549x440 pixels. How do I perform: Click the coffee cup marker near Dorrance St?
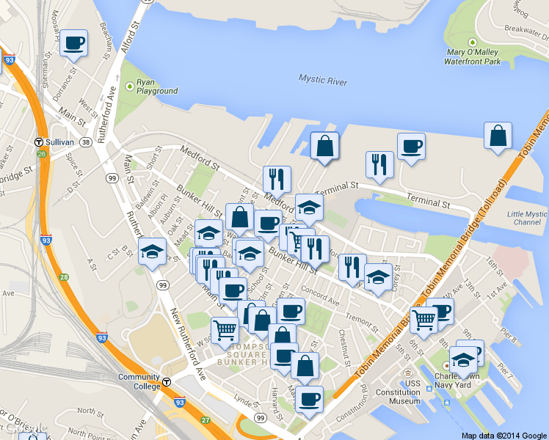tap(73, 43)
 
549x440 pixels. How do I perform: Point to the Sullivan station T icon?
tap(38, 142)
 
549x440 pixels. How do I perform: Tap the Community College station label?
tap(139, 381)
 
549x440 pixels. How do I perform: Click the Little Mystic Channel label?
tap(527, 218)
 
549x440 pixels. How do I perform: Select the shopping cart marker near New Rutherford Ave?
tap(224, 331)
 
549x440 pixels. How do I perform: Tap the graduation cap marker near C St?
tap(152, 252)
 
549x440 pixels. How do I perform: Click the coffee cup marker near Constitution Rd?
tap(309, 400)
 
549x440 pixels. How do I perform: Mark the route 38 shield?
tap(87, 142)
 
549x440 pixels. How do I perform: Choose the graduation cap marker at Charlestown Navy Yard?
tap(463, 359)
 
